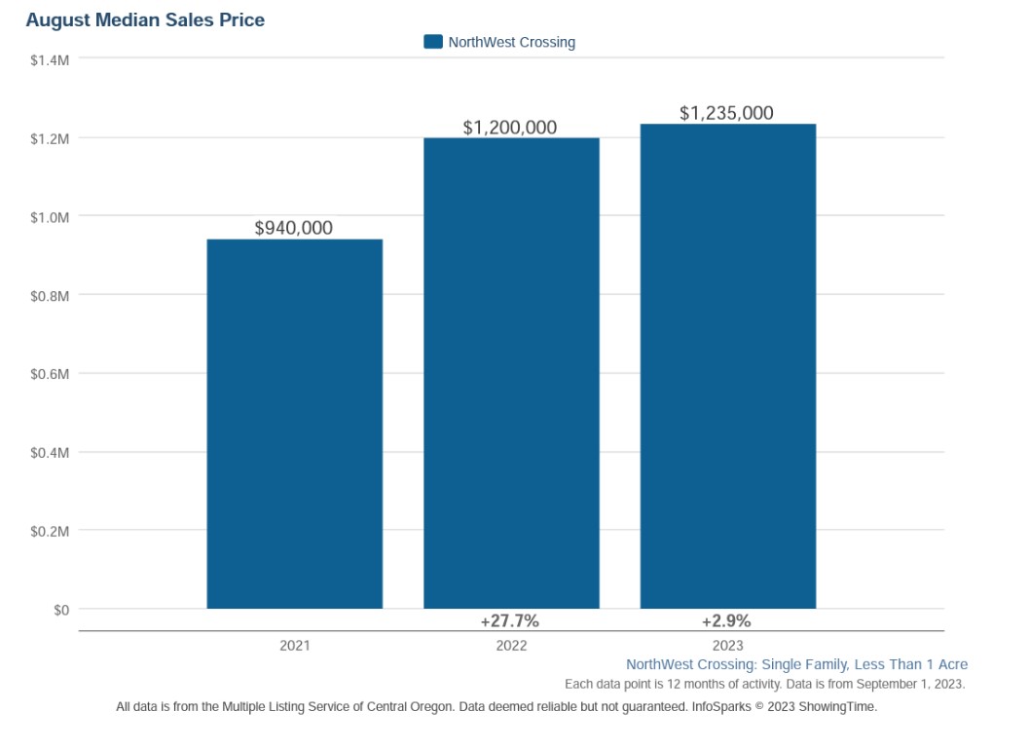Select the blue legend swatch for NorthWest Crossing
pos(433,42)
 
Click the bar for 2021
pos(294,424)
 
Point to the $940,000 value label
pos(294,228)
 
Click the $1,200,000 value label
pos(510,128)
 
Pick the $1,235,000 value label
pos(726,114)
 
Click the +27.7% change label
pos(509,621)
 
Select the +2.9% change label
pos(726,621)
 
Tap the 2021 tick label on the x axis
pos(294,646)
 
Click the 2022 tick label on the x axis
pos(511,646)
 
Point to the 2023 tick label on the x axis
pos(727,646)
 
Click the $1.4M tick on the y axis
pos(50,60)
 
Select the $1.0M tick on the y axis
pos(50,217)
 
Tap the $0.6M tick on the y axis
pos(50,374)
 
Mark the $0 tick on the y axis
pos(60,610)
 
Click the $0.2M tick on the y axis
pos(50,531)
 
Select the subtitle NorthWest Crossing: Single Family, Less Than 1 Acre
pos(796,664)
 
